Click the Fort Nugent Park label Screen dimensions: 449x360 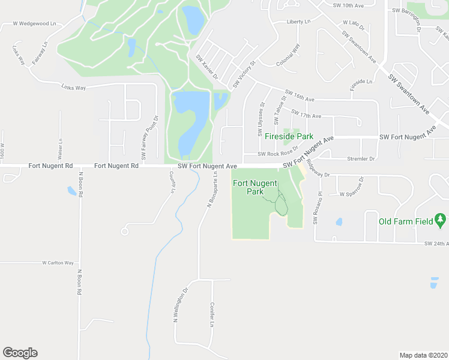255,187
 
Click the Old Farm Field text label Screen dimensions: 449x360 406,221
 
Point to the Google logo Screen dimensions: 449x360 20,353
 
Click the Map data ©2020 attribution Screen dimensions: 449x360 423,355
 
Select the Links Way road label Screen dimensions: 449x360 74,88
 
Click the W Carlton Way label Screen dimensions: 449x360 58,263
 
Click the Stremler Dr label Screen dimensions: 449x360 361,159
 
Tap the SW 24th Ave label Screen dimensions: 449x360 436,244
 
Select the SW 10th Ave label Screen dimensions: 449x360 348,5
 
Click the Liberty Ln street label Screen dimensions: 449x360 298,22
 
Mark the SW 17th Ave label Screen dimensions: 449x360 306,113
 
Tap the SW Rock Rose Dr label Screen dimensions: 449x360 278,154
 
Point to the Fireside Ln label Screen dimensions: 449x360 361,82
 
